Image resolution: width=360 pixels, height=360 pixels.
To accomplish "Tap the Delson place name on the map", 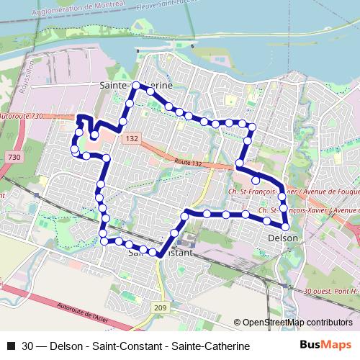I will pyautogui.click(x=282, y=237).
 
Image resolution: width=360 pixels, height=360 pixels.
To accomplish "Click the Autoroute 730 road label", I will pyautogui.click(x=22, y=116).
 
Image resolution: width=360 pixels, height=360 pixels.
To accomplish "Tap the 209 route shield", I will pyautogui.click(x=160, y=308).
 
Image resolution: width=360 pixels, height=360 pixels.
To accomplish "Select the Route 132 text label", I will pyautogui.click(x=187, y=164).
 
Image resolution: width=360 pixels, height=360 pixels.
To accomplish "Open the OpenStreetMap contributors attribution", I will pyautogui.click(x=297, y=323).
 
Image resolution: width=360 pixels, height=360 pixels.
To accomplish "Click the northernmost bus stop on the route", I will pyautogui.click(x=135, y=86).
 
